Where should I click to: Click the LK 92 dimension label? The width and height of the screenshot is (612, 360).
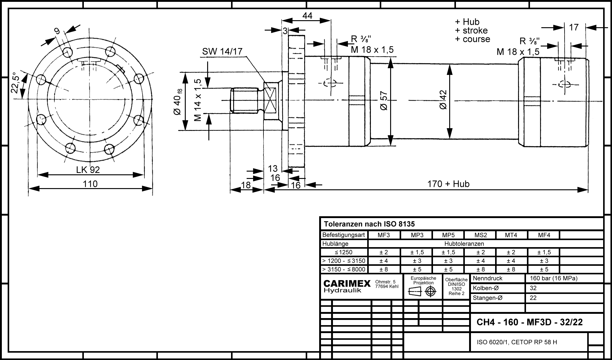88,170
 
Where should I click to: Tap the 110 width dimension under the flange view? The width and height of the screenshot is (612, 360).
90,184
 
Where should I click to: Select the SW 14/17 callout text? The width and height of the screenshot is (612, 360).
222,52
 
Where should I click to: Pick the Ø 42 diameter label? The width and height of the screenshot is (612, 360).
442,100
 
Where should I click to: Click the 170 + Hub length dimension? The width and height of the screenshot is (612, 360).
448,184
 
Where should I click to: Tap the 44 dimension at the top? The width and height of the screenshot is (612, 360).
307,16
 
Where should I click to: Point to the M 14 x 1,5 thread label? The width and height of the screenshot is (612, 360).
198,100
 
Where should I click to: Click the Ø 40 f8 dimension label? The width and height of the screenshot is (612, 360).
178,102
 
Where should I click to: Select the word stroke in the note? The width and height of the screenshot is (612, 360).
475,31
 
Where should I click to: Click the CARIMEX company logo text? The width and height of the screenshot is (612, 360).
347,284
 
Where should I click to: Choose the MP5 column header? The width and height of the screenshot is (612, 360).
448,235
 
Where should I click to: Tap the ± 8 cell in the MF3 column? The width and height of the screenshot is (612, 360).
384,269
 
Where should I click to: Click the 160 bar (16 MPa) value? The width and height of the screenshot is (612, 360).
553,278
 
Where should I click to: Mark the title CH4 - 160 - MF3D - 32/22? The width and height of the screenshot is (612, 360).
530,322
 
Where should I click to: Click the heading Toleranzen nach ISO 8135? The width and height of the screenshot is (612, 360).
369,224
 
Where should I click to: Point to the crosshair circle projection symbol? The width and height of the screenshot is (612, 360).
431,292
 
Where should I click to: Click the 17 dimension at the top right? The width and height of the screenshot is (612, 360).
574,28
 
